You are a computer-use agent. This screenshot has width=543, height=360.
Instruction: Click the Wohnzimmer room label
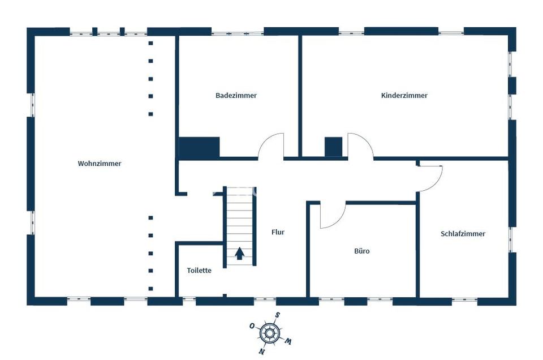point(100,164)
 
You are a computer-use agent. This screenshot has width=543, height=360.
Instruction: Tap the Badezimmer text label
point(236,96)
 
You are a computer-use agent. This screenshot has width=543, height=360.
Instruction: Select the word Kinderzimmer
point(404,96)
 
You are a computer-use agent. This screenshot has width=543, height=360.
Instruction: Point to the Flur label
point(278,232)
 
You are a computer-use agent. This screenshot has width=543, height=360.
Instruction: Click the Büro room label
point(362,251)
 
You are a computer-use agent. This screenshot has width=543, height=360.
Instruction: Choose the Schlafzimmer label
point(463,234)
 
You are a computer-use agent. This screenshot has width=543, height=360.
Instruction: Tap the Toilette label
point(199,271)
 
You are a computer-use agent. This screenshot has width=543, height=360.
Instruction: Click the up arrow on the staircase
point(239,254)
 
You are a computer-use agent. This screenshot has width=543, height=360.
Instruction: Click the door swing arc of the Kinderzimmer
point(360,145)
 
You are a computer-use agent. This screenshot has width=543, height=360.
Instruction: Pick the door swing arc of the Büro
point(333,216)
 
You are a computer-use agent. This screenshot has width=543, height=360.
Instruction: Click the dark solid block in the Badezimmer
point(199,148)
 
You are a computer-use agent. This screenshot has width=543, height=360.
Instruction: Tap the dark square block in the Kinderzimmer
point(334,147)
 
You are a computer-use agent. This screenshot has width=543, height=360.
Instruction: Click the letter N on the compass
point(262,351)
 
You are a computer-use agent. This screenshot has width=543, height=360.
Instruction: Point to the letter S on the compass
point(277,316)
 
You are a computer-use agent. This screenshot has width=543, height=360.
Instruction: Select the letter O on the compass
point(252,326)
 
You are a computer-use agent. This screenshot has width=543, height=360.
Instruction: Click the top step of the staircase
point(239,191)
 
